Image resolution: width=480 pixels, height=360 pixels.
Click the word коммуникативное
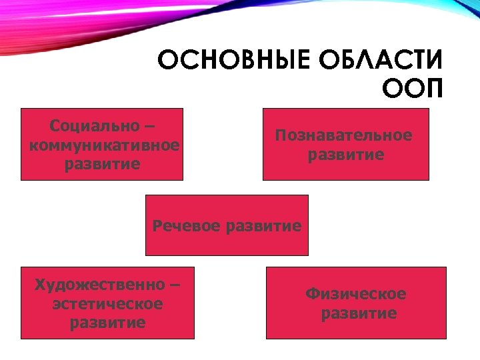click(x=105, y=145)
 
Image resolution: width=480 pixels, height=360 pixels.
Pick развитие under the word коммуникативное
click(x=103, y=163)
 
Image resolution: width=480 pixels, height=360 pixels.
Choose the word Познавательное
click(x=344, y=135)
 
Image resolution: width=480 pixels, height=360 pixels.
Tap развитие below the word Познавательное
click(x=346, y=155)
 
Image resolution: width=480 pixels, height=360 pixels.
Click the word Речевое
click(x=187, y=225)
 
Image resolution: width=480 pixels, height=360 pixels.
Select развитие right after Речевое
click(x=264, y=225)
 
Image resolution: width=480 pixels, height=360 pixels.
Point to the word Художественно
click(x=99, y=285)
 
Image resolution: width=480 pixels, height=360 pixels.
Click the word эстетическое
click(x=107, y=304)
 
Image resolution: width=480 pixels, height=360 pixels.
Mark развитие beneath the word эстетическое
click(x=107, y=323)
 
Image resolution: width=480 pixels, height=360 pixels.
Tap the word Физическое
click(x=356, y=294)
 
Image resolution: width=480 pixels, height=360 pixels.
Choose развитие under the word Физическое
click(x=359, y=313)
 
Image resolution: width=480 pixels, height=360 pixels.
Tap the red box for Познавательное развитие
click(x=346, y=171)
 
